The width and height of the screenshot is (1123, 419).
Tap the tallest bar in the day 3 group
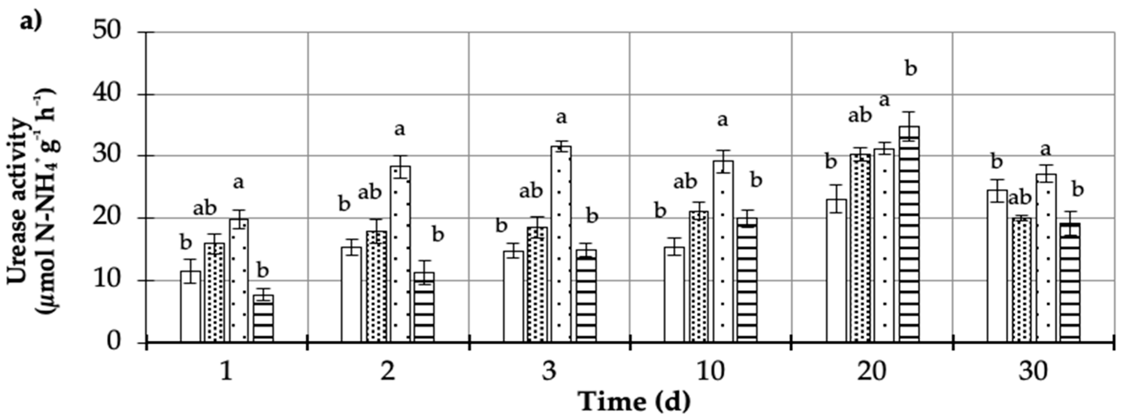pyautogui.click(x=561, y=244)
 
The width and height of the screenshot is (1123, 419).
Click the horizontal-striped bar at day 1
pyautogui.click(x=263, y=319)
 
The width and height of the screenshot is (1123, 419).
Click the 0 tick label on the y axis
pyautogui.click(x=113, y=342)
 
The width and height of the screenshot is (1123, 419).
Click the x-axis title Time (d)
pyautogui.click(x=634, y=402)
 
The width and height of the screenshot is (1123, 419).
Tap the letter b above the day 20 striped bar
pyautogui.click(x=911, y=69)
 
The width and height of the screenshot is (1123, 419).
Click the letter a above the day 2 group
pyautogui.click(x=399, y=129)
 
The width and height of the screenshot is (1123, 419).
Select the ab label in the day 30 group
pyautogui.click(x=1020, y=198)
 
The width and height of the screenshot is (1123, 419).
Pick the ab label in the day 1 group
pyautogui.click(x=204, y=209)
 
